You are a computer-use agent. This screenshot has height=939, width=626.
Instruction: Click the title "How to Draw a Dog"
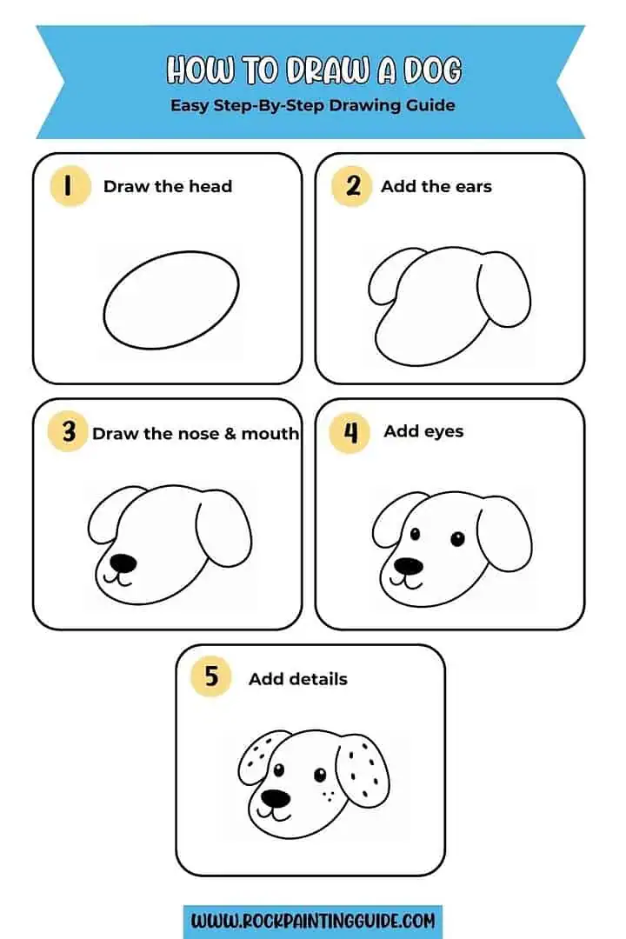pyautogui.click(x=313, y=70)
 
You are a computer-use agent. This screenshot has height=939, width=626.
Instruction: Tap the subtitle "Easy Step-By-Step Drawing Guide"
pyautogui.click(x=312, y=105)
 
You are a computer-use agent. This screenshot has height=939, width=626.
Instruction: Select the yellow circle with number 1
pyautogui.click(x=70, y=186)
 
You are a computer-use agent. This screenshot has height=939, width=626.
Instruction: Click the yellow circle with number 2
pyautogui.click(x=351, y=186)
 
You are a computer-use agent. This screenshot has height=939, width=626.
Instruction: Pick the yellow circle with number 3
pyautogui.click(x=70, y=432)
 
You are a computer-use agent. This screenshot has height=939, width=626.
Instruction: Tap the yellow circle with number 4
pyautogui.click(x=351, y=432)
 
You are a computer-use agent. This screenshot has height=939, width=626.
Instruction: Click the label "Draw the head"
pyautogui.click(x=168, y=186)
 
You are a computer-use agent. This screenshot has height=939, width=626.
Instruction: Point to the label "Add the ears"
pyautogui.click(x=436, y=186)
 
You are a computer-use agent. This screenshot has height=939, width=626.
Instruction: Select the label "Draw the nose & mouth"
pyautogui.click(x=196, y=433)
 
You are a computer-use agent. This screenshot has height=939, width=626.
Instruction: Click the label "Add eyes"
pyautogui.click(x=423, y=431)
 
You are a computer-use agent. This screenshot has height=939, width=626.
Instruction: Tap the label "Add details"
pyautogui.click(x=298, y=679)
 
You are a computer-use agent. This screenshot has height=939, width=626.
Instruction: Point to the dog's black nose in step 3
pyautogui.click(x=123, y=563)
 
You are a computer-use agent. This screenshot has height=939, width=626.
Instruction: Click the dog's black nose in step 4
pyautogui.click(x=408, y=566)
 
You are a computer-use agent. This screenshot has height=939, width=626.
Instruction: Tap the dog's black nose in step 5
pyautogui.click(x=276, y=797)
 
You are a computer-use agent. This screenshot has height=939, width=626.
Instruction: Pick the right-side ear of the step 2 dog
pyautogui.click(x=504, y=288)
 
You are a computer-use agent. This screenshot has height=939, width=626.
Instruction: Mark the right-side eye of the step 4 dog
pyautogui.click(x=457, y=539)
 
